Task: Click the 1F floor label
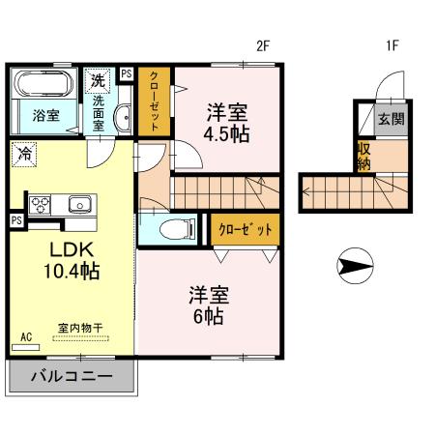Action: tap(392, 44)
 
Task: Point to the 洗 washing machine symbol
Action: tap(98, 78)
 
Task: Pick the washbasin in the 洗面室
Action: tap(122, 117)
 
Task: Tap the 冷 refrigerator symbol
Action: tap(24, 152)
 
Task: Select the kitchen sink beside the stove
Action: tap(77, 204)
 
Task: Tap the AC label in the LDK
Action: tap(26, 335)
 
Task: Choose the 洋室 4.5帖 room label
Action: tap(226, 123)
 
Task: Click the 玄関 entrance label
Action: tap(391, 120)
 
